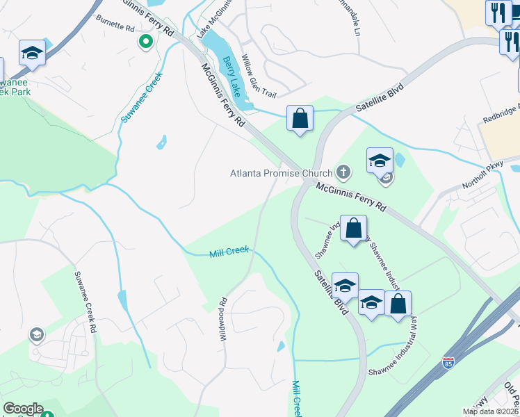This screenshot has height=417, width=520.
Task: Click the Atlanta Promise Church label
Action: (282, 172)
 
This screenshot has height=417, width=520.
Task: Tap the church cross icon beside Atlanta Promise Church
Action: (343, 171)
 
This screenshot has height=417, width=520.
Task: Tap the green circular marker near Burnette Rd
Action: (145, 42)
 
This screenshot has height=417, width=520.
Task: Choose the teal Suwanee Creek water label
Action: (142, 97)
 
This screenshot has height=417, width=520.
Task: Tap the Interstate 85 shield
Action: (448, 363)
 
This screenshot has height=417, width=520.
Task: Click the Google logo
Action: (23, 409)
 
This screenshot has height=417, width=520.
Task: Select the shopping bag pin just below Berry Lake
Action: (300, 119)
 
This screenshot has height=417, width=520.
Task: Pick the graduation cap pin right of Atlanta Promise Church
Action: (380, 161)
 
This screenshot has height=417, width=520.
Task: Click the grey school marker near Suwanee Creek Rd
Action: (36, 336)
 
